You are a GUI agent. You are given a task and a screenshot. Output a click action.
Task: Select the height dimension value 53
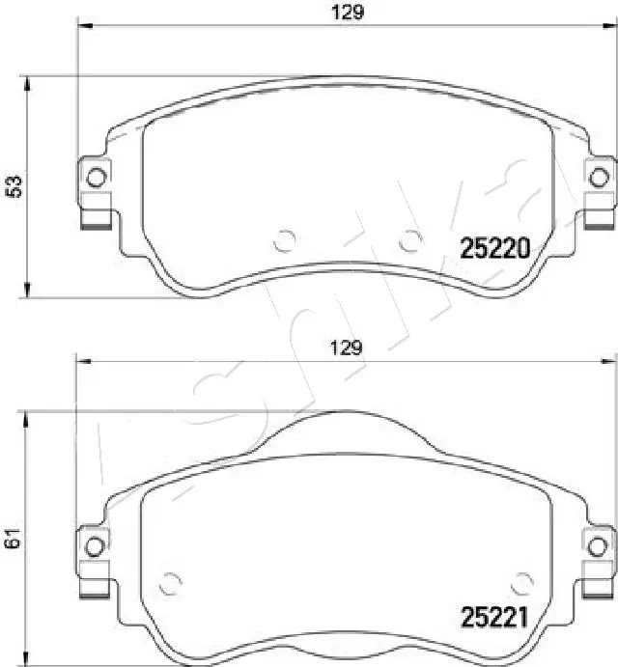coord(14,187)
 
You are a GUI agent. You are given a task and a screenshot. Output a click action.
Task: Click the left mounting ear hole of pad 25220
coord(95,177)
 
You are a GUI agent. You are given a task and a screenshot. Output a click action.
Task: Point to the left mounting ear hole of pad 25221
coord(95,545)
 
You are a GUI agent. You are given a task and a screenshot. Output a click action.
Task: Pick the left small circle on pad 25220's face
coord(283,238)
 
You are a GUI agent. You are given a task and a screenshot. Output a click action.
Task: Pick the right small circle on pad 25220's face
coord(410,238)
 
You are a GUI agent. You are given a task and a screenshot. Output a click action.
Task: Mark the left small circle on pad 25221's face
coord(171,582)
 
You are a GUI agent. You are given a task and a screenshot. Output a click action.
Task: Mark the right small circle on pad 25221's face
coord(522,582)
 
